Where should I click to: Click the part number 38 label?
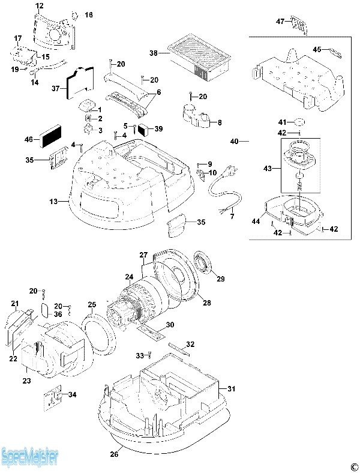pyautogui.click(x=154, y=53)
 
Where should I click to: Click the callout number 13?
pyautogui.click(x=54, y=202)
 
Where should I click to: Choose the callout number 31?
pyautogui.click(x=232, y=388)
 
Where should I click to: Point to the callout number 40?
pyautogui.click(x=234, y=142)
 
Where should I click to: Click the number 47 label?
pyautogui.click(x=280, y=22)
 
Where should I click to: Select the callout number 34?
pyautogui.click(x=72, y=394)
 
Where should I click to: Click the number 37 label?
pyautogui.click(x=56, y=89)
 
